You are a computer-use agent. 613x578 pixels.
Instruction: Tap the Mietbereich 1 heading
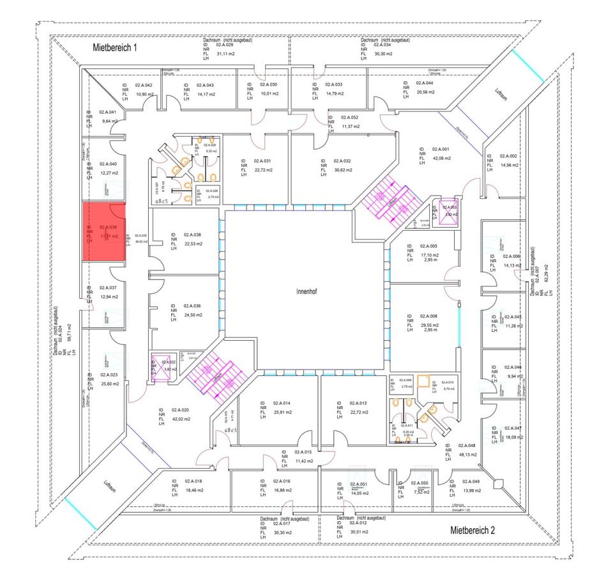point(115,47)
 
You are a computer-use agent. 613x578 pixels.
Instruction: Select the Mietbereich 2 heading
point(473,530)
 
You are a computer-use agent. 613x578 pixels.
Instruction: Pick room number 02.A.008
point(428,316)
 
